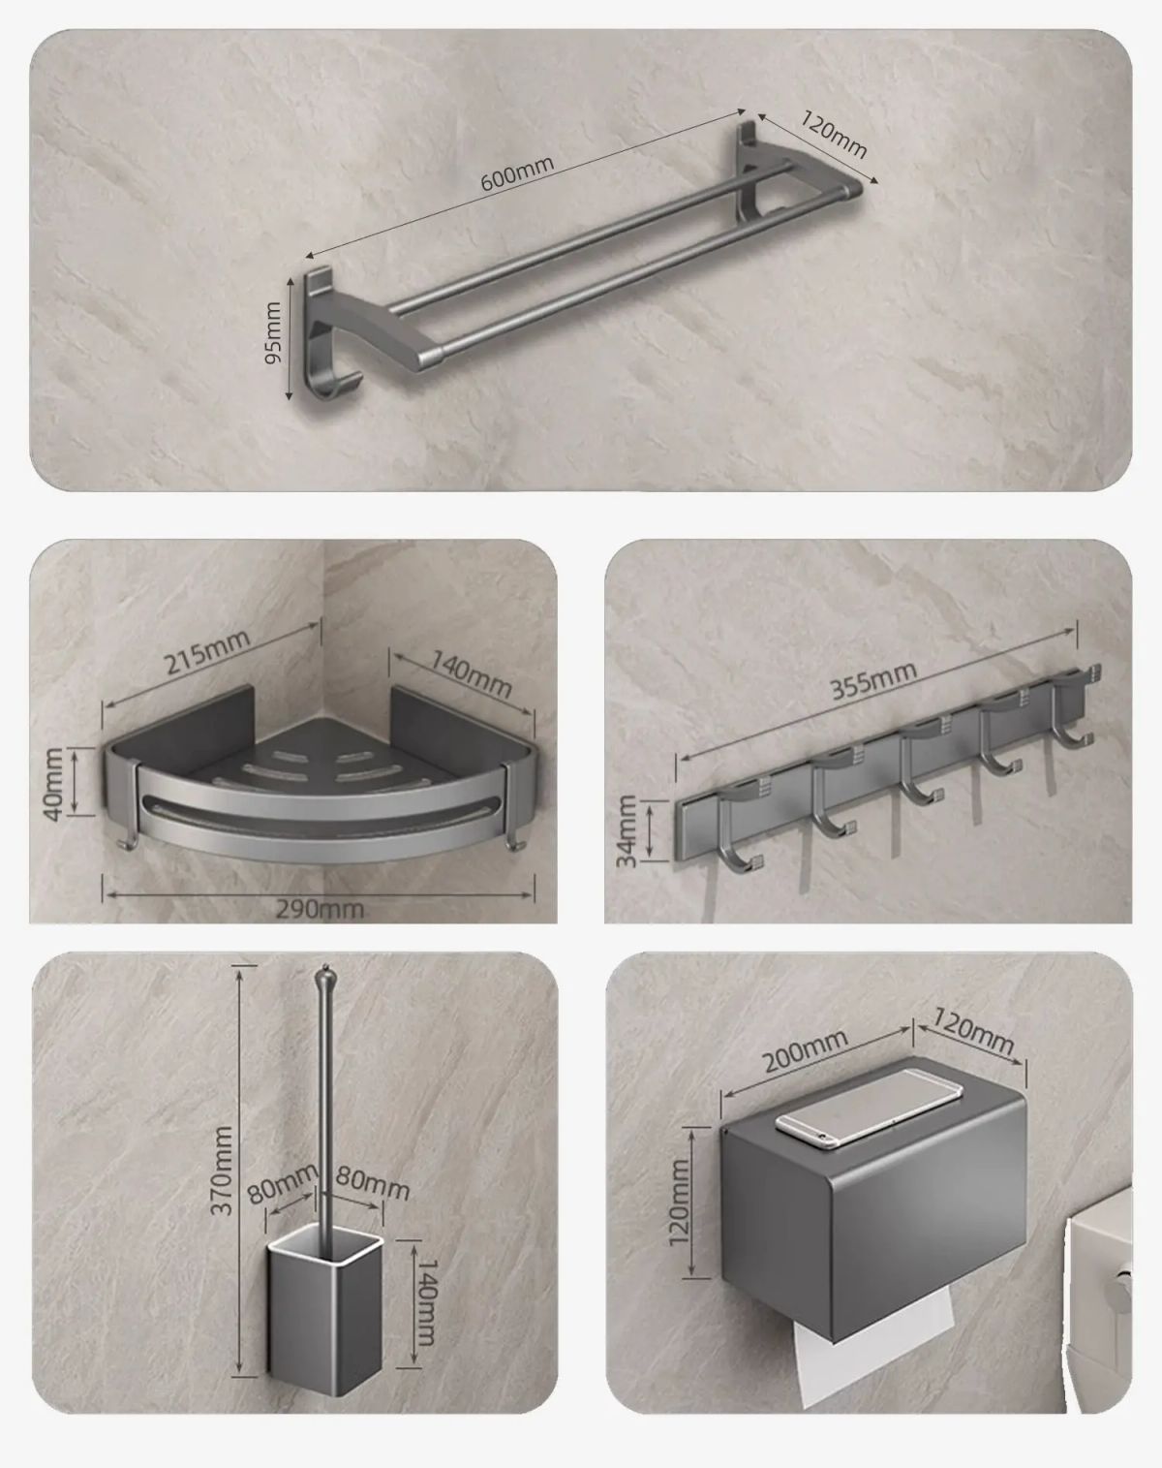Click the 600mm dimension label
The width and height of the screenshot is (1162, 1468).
pyautogui.click(x=517, y=174)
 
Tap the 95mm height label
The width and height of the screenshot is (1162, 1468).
pyautogui.click(x=273, y=333)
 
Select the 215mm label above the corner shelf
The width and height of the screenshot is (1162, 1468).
pyautogui.click(x=207, y=651)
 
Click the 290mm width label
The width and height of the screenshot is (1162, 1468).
pyautogui.click(x=320, y=909)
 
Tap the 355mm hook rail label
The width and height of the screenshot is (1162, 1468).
pyautogui.click(x=872, y=680)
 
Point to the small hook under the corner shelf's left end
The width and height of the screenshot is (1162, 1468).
pyautogui.click(x=130, y=843)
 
